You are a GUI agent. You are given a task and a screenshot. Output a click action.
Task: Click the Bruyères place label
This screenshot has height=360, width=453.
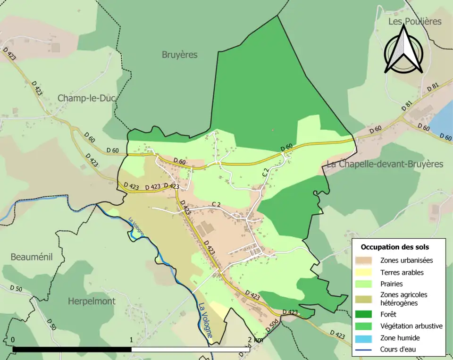tap(179, 55)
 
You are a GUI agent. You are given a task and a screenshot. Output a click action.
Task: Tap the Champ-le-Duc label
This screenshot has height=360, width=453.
tap(87, 98)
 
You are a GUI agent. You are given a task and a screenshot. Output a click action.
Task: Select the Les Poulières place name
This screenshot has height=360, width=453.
tap(415, 21)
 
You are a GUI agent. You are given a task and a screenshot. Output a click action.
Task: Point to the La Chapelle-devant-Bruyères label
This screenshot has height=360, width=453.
tap(385, 164)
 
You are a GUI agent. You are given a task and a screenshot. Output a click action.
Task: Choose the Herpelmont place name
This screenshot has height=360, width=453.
tap(92, 301)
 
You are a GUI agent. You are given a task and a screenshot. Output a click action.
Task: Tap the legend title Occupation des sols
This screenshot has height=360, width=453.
tap(394, 247)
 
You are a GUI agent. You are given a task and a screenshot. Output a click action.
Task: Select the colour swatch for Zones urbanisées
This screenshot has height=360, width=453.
tap(366, 260)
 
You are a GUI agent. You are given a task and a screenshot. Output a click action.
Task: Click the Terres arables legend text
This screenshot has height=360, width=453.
tap(402, 272)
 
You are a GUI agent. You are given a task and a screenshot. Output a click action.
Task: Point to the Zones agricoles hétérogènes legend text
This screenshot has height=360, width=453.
tap(403, 299)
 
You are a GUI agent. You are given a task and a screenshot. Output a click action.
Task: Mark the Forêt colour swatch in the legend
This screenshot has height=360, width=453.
tap(366, 314)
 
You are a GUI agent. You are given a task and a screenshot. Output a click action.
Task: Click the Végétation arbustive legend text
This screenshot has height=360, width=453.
tap(411, 326)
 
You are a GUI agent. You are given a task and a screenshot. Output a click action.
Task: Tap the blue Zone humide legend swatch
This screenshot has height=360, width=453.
tap(366, 338)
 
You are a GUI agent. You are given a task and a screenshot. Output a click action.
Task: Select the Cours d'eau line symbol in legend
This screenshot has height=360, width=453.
tap(366, 350)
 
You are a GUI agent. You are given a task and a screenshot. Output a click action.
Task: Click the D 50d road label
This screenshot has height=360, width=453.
tap(272, 325)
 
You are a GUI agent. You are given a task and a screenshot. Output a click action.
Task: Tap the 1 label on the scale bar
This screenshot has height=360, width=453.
tap(131, 340)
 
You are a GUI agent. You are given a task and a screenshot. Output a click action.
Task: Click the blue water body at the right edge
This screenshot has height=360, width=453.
tap(443, 120)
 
